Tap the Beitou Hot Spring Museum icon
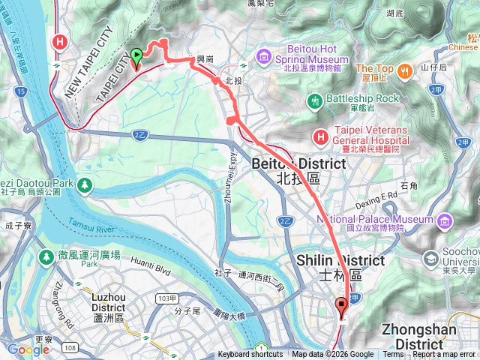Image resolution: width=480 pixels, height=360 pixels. pyautogui.click(x=263, y=56)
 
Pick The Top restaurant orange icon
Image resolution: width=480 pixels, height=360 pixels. pyautogui.click(x=405, y=71)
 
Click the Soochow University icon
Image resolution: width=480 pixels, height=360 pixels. pyautogui.click(x=431, y=259)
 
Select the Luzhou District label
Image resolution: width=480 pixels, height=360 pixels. pyautogui.click(x=112, y=301)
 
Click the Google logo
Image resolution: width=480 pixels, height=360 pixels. pyautogui.click(x=28, y=349)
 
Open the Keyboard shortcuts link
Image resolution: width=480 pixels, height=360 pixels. pyautogui.click(x=250, y=355)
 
